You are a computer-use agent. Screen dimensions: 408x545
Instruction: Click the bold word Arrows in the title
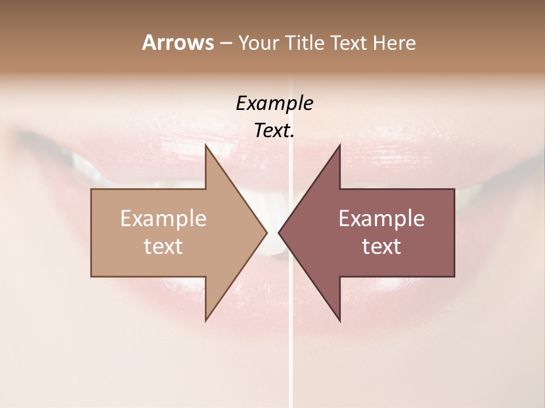pos(178,42)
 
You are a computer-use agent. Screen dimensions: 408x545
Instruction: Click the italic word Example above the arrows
pos(274,104)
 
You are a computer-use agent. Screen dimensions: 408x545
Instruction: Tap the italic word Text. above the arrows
pos(274,130)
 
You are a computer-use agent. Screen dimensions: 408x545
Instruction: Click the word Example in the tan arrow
pos(163,219)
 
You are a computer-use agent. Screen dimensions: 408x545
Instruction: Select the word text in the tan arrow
pos(163,246)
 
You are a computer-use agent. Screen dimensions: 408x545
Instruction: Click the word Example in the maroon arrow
pos(381,219)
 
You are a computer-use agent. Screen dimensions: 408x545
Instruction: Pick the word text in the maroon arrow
pos(381,246)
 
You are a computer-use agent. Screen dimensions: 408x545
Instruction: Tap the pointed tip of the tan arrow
pos(266,232)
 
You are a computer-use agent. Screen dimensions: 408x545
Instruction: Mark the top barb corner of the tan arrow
pos(206,145)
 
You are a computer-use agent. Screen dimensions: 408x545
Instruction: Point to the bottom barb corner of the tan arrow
pos(206,320)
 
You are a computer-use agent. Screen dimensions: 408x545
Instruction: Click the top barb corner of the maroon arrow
pos(339,145)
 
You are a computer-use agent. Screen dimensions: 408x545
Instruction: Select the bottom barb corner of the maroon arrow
pos(339,320)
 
